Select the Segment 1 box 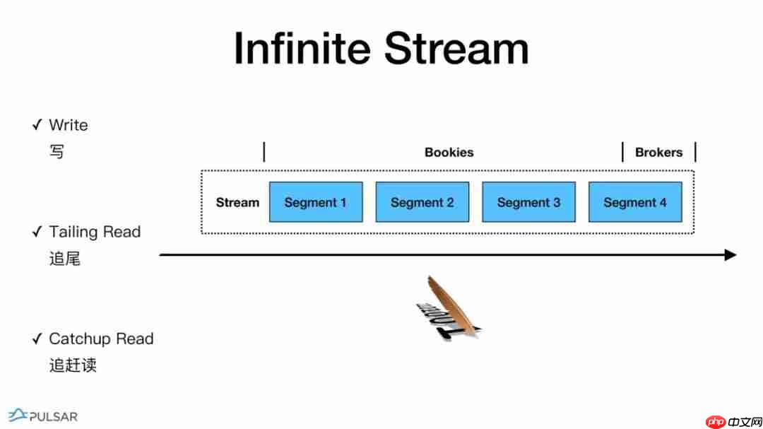point(315,202)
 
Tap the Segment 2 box point(422,202)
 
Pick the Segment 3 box point(528,202)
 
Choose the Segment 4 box point(634,202)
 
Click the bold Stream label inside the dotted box point(237,202)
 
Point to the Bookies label point(449,152)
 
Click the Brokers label point(658,152)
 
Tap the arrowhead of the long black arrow point(731,255)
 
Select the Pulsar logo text point(53,416)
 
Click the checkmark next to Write point(37,126)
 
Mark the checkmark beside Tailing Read point(37,233)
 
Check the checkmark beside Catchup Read point(37,339)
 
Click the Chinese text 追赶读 point(73,365)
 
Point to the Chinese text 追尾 point(65,259)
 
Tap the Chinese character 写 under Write point(57,151)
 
